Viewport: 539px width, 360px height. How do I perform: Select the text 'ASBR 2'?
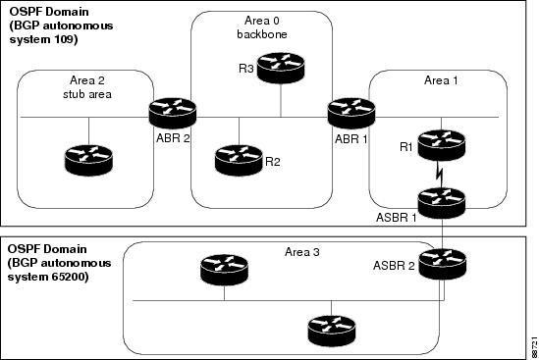tap(395, 264)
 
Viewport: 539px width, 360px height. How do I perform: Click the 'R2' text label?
tap(273, 161)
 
